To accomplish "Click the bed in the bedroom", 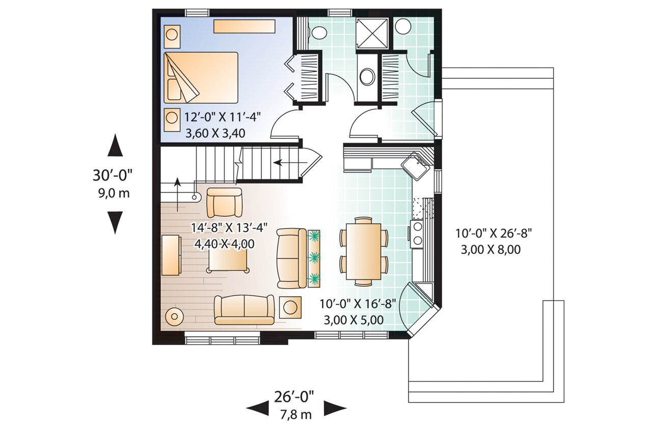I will [201, 76].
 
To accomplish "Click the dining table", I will [363, 250].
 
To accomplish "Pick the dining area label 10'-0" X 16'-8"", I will [358, 304].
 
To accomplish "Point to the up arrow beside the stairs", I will [177, 193].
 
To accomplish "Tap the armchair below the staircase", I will [224, 202].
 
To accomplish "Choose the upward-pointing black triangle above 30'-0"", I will [116, 146].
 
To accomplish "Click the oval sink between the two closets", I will [367, 77].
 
